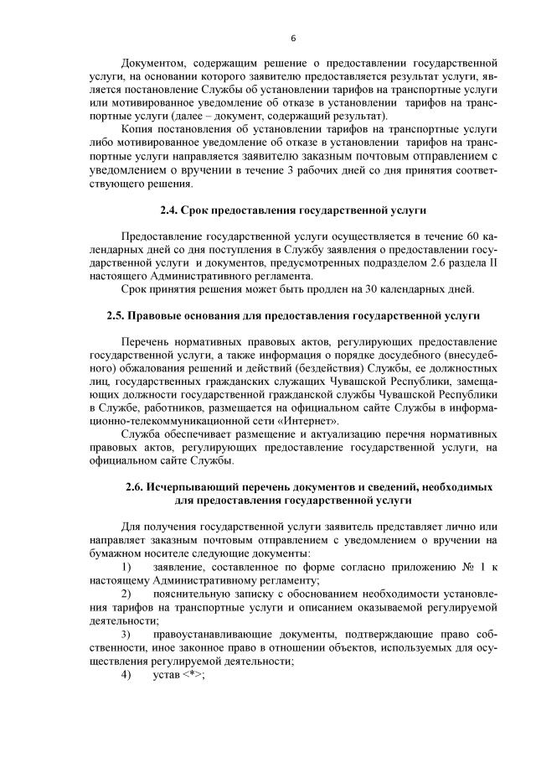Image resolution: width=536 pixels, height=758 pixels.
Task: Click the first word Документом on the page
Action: tap(154, 63)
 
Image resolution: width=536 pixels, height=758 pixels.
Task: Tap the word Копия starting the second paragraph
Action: tap(139, 129)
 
